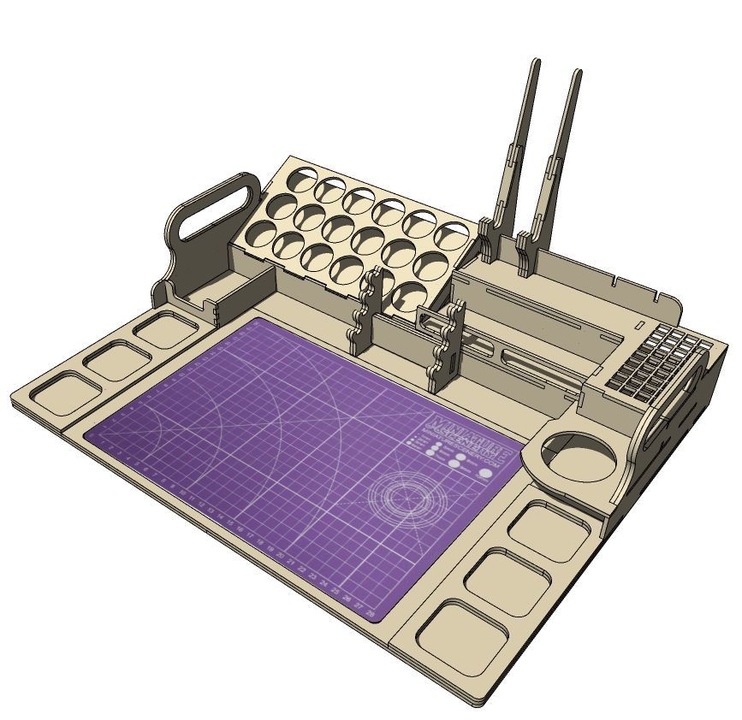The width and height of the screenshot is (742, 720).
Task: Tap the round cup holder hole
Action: coord(581,457)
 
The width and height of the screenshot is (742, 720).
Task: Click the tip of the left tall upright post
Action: coord(536,63)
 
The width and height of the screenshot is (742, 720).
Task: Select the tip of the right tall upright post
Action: coord(578,75)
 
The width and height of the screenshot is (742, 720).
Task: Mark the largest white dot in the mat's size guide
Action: coord(487,472)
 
